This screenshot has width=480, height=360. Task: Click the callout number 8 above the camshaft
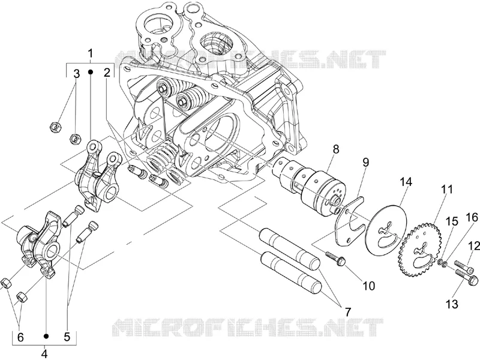(336, 149)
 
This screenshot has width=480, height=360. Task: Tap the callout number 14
(406, 182)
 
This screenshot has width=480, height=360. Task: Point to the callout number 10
(368, 286)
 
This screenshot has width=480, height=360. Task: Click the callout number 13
(452, 304)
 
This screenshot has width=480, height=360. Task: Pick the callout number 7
(347, 312)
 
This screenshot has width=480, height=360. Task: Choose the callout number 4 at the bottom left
(44, 353)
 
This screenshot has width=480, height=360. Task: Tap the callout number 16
(472, 218)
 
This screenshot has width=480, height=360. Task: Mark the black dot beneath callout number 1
(91, 71)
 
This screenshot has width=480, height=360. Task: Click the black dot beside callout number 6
(46, 336)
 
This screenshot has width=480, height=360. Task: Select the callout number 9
(366, 162)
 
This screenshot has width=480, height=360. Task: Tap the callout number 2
(107, 73)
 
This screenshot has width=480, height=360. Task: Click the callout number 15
(452, 221)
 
